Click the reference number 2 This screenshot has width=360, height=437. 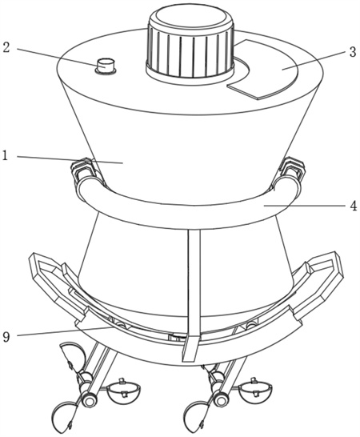pos(6,47)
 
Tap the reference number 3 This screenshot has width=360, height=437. pos(353,52)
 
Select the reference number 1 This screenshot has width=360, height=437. pos(6,156)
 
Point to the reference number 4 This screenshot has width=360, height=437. pos(353,206)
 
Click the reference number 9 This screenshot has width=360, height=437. pos(6,337)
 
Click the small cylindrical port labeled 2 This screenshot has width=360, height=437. pos(106,66)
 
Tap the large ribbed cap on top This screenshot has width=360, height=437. pos(190,43)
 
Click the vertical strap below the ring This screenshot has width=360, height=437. pos(192,295)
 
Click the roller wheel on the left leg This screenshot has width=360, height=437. pos(89,401)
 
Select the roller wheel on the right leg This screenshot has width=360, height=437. pos(222,401)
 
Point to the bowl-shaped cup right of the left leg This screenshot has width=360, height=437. pos(123,392)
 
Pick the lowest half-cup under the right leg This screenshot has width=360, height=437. pos(197,416)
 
